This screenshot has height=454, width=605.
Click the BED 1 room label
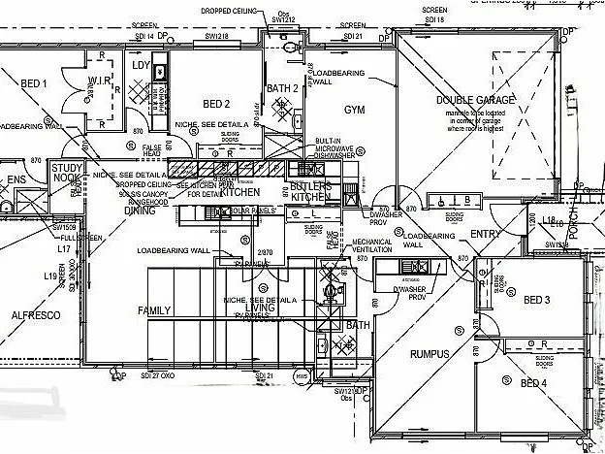pos(33,84)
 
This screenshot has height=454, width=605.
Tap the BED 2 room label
pos(215,104)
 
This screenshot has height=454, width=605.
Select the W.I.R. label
pos(101,80)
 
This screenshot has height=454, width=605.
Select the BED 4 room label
pos(534,383)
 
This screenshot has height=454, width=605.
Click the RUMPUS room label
pos(430,354)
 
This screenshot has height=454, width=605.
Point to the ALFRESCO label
pos(36,315)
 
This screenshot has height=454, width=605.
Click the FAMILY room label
pos(154,310)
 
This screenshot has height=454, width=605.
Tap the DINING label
pos(140,210)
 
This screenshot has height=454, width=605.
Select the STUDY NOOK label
pos(67,173)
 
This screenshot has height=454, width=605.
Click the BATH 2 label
pos(282,89)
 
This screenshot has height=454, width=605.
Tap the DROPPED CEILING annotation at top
pos(230,11)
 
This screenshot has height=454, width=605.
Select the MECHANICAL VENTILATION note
pos(372,246)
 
